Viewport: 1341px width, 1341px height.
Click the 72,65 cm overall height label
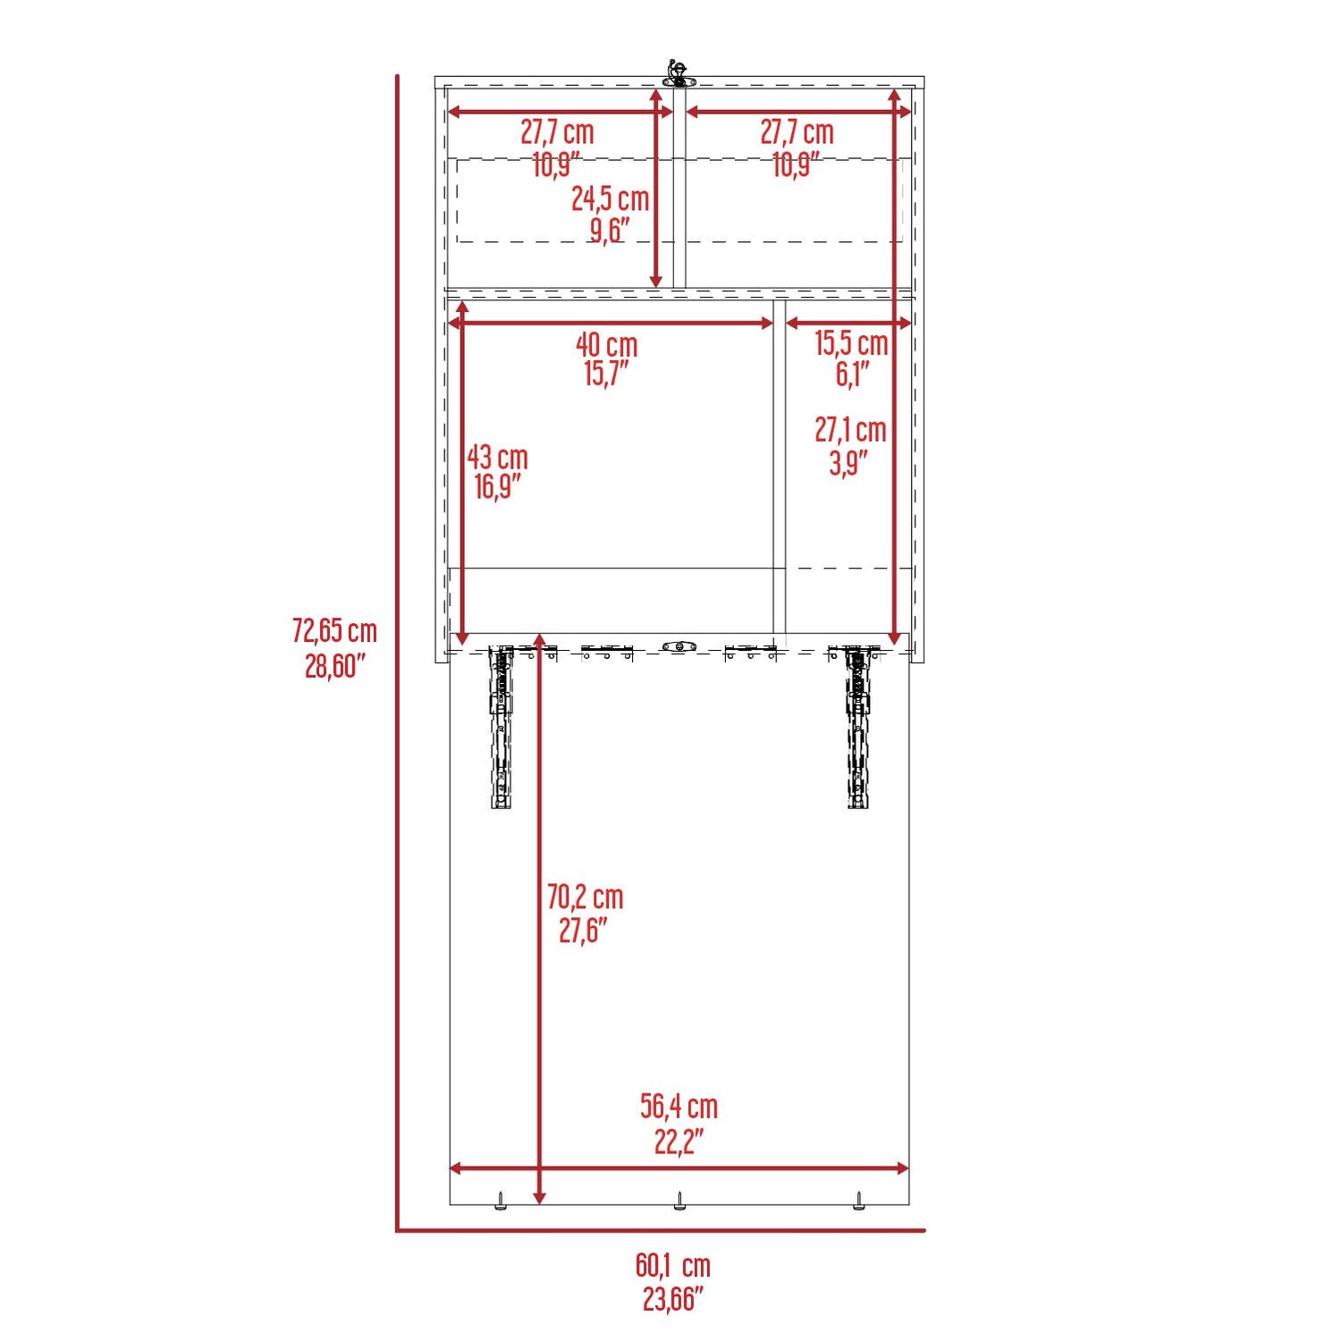[x=334, y=631]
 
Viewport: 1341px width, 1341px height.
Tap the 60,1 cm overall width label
[x=673, y=1265]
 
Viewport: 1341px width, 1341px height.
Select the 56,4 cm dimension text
[x=679, y=1107]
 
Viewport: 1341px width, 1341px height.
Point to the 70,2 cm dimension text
[x=585, y=897]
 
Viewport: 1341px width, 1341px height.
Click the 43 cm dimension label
[x=497, y=458]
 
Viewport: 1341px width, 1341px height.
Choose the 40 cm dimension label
[x=607, y=344]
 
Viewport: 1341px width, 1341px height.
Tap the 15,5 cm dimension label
[x=851, y=342]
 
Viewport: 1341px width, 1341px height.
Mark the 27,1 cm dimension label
[x=850, y=430]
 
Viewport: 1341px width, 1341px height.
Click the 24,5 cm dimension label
[x=611, y=198]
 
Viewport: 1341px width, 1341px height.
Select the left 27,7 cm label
[x=557, y=132]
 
